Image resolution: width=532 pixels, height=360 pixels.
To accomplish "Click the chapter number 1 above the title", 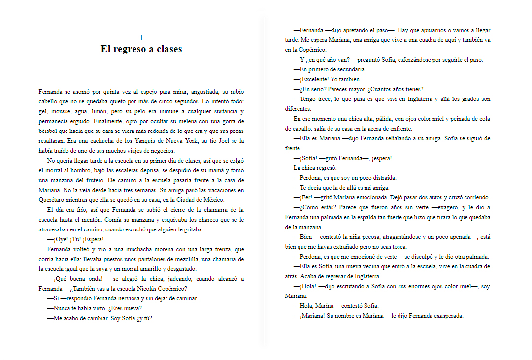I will pos(141,38).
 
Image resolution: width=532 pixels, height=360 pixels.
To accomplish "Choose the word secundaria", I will pos(349,69).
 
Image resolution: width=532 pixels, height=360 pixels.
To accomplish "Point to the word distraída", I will pos(379,178).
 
